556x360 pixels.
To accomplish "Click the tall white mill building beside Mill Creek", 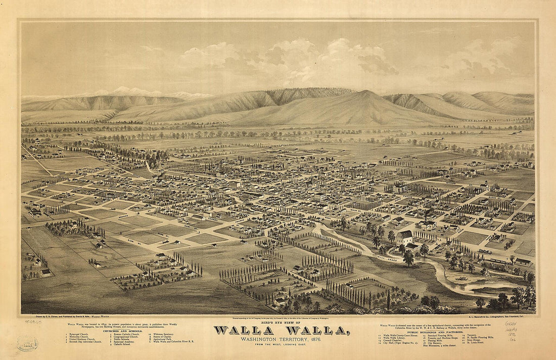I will (404, 237).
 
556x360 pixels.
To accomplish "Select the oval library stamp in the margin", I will (27, 344).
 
